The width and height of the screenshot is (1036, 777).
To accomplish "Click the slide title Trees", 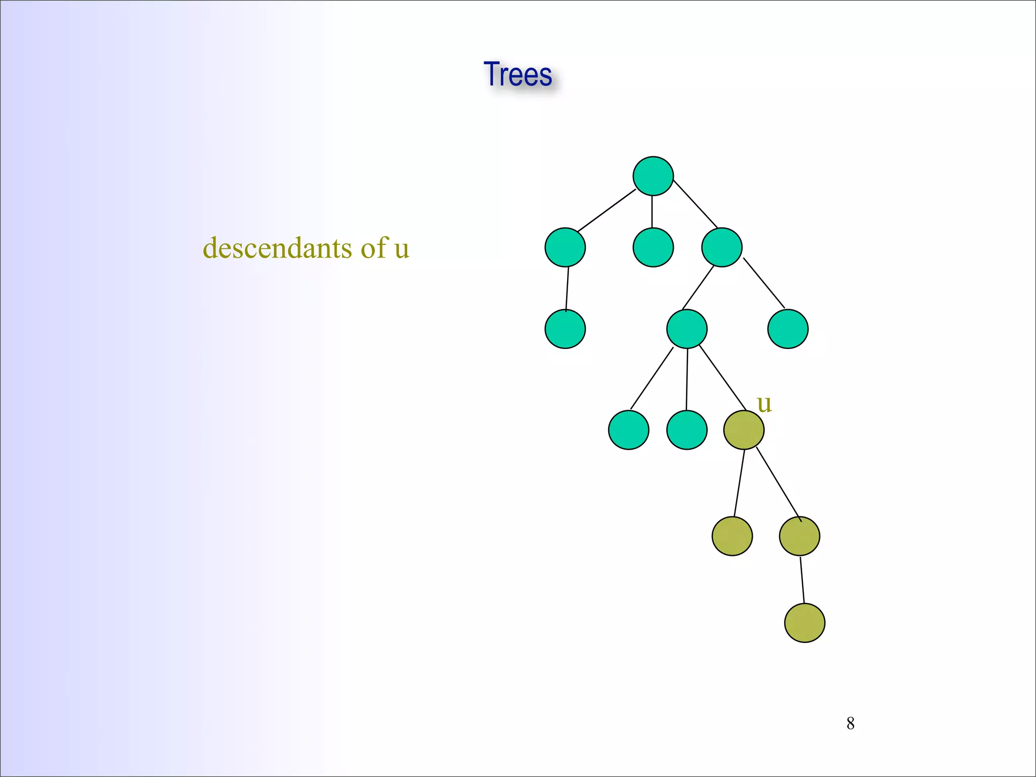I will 517,74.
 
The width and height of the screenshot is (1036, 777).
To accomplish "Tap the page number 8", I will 850,723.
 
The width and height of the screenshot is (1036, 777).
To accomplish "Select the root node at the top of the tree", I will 653,176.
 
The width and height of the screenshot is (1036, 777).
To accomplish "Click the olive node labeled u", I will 744,430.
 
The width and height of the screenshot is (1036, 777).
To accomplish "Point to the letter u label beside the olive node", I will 764,404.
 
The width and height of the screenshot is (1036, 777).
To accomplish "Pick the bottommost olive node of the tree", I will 804,623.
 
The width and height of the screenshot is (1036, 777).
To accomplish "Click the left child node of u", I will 732,536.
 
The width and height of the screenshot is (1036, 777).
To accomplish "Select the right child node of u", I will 799,536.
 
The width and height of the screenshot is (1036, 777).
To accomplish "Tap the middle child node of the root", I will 653,247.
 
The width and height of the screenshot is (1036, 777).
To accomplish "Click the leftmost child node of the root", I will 565,247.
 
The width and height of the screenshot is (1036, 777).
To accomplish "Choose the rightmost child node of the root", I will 722,247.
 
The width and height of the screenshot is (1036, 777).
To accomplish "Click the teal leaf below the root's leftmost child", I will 565,329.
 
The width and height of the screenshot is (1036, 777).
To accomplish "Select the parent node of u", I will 687,329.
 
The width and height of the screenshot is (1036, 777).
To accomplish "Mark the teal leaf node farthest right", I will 788,329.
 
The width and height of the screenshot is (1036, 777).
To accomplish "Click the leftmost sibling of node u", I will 629,430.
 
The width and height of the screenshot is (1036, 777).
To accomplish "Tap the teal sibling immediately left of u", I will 687,430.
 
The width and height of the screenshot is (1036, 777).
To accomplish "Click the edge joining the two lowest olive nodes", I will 802,579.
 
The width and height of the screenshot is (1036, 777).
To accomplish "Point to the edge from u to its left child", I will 739,483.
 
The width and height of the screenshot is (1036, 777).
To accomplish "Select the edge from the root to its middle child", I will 652,211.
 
